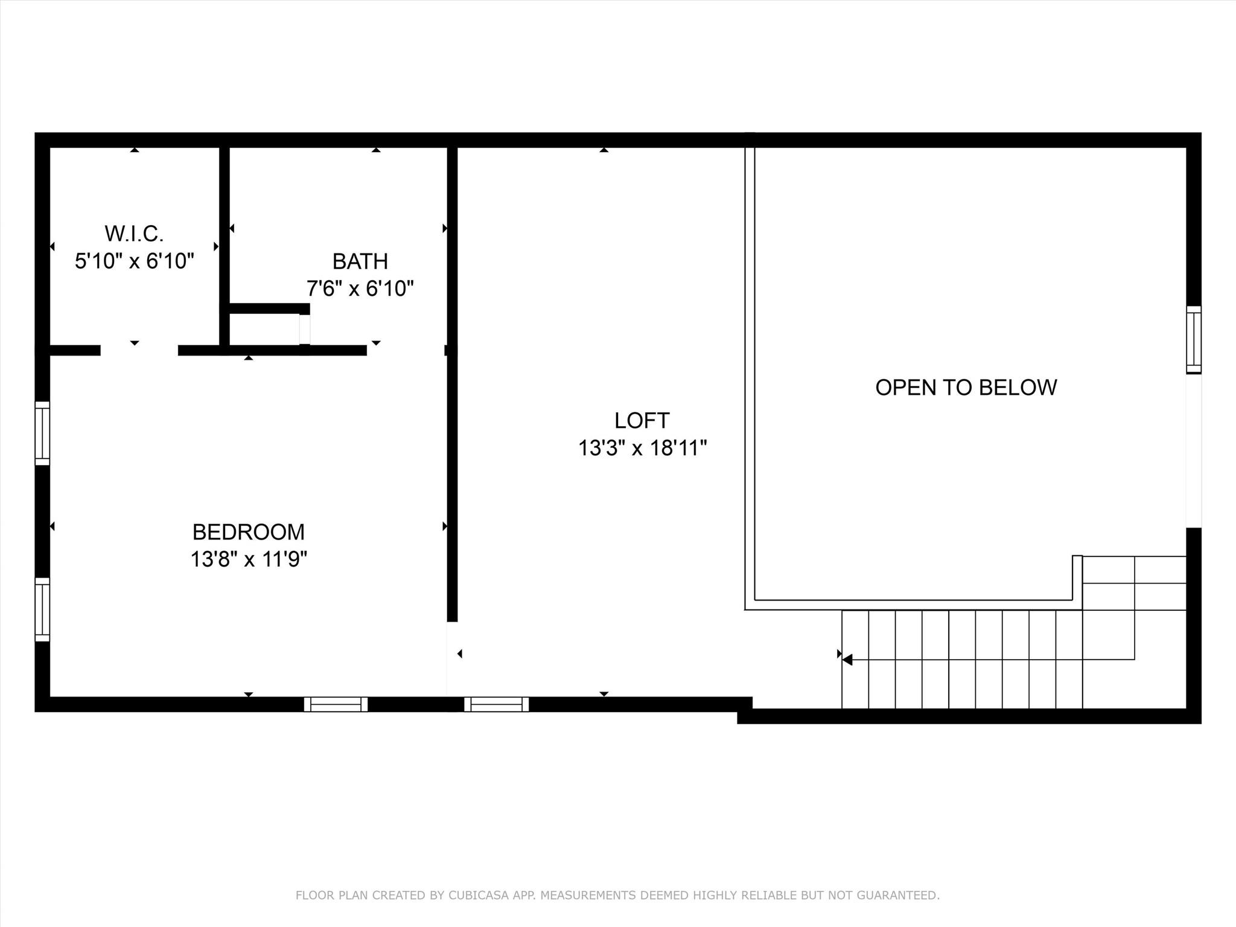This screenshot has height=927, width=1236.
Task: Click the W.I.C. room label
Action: tap(134, 234)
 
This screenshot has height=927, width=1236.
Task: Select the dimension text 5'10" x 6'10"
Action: tap(134, 261)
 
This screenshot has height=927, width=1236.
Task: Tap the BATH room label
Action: tap(360, 261)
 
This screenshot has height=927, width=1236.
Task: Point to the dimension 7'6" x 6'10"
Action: tap(360, 289)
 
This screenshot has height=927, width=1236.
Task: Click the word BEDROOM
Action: tap(249, 532)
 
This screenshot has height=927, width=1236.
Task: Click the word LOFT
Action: tap(642, 421)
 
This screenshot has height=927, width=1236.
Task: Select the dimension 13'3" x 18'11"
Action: tap(642, 448)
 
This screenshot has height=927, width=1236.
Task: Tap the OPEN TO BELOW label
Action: tap(966, 387)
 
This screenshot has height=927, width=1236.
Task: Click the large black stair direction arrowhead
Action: tap(847, 660)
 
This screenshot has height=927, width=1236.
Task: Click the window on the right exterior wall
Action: tap(1193, 340)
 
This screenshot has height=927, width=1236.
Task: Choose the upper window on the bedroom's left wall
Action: tap(42, 433)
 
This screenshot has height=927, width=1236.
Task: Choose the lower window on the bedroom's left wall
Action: tap(42, 610)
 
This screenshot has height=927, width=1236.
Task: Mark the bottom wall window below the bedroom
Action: tap(336, 704)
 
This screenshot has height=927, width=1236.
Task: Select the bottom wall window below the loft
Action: tap(496, 704)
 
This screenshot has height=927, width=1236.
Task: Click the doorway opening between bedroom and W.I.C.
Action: tap(139, 351)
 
